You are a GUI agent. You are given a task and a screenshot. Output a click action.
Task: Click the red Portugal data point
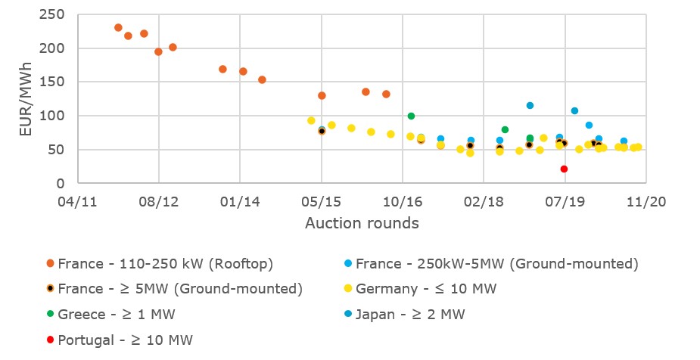pos(564,169)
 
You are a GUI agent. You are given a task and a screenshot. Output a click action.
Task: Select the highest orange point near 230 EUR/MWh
pos(118,28)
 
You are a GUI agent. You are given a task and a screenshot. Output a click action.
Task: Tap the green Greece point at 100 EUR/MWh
pos(411,116)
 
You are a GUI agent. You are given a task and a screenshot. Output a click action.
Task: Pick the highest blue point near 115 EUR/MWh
pos(530,106)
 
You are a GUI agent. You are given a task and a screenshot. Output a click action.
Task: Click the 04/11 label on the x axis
pos(77,202)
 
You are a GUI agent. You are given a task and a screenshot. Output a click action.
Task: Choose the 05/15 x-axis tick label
pos(322,202)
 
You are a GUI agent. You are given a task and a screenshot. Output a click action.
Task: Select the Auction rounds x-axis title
pos(362,223)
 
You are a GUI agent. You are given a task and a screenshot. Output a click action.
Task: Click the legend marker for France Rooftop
pos(50,264)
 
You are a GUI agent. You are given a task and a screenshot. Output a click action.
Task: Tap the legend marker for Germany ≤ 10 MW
pos(347,289)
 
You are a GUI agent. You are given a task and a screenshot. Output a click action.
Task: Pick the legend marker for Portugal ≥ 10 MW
pos(50,340)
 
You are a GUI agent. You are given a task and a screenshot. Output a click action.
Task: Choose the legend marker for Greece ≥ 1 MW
pos(50,314)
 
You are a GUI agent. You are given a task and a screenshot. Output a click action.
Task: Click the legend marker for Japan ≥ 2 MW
pos(347,314)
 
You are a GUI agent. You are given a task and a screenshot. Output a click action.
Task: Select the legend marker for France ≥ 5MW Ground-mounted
pos(50,289)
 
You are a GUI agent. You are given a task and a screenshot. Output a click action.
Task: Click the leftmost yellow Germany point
pos(311,120)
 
